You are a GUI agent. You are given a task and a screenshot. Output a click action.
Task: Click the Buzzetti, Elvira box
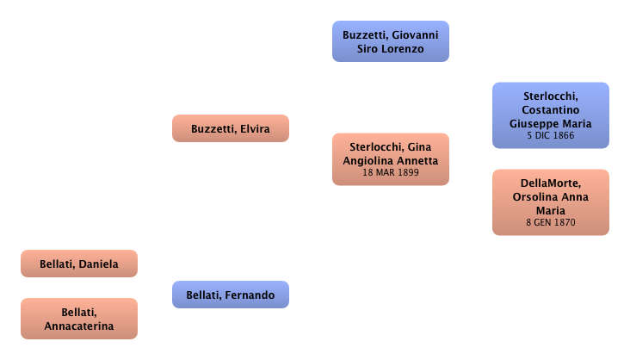(x=230, y=129)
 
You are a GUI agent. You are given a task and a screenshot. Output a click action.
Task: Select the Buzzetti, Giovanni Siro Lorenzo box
(x=391, y=42)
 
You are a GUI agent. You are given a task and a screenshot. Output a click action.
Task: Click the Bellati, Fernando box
(x=230, y=295)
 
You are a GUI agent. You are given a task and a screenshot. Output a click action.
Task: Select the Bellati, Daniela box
(x=78, y=264)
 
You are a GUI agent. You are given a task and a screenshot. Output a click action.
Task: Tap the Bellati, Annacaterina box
(x=78, y=319)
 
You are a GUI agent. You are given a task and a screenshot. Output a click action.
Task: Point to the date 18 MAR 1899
(x=391, y=173)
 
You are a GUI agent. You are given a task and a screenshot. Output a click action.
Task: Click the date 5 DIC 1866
(x=551, y=135)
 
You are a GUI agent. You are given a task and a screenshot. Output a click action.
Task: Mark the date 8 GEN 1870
(x=551, y=223)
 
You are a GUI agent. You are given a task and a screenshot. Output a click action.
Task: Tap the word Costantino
(x=551, y=110)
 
